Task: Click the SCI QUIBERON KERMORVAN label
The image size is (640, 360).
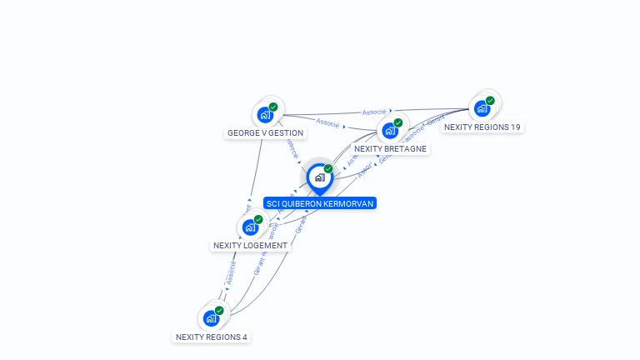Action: point(320,203)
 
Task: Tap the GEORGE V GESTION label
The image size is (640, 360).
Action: point(265,132)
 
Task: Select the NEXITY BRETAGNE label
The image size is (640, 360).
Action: point(390,149)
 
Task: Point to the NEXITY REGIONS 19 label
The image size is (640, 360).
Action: point(482,127)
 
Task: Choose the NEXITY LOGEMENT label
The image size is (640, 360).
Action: point(250,246)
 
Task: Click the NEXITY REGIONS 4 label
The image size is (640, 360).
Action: point(211,337)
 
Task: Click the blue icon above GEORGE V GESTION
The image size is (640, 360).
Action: point(265,114)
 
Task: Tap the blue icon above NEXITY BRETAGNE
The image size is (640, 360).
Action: point(389,131)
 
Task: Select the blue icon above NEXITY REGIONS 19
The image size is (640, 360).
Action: point(482,108)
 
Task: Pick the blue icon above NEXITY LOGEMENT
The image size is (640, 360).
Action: point(249,227)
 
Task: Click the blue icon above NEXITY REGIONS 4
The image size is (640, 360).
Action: point(211,318)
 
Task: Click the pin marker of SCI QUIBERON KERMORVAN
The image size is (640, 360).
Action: point(319,177)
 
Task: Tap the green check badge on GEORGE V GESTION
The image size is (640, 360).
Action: point(273,107)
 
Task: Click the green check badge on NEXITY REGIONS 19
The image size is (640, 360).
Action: point(490,101)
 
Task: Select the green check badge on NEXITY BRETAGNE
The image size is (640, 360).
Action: point(398,123)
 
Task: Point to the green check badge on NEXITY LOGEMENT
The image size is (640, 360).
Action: point(258,219)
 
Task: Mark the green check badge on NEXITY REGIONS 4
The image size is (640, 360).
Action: point(219,311)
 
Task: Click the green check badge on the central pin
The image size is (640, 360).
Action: point(328,169)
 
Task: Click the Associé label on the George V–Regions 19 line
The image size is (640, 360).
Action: point(374,112)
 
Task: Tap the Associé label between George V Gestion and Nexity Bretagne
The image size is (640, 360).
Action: point(327,123)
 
